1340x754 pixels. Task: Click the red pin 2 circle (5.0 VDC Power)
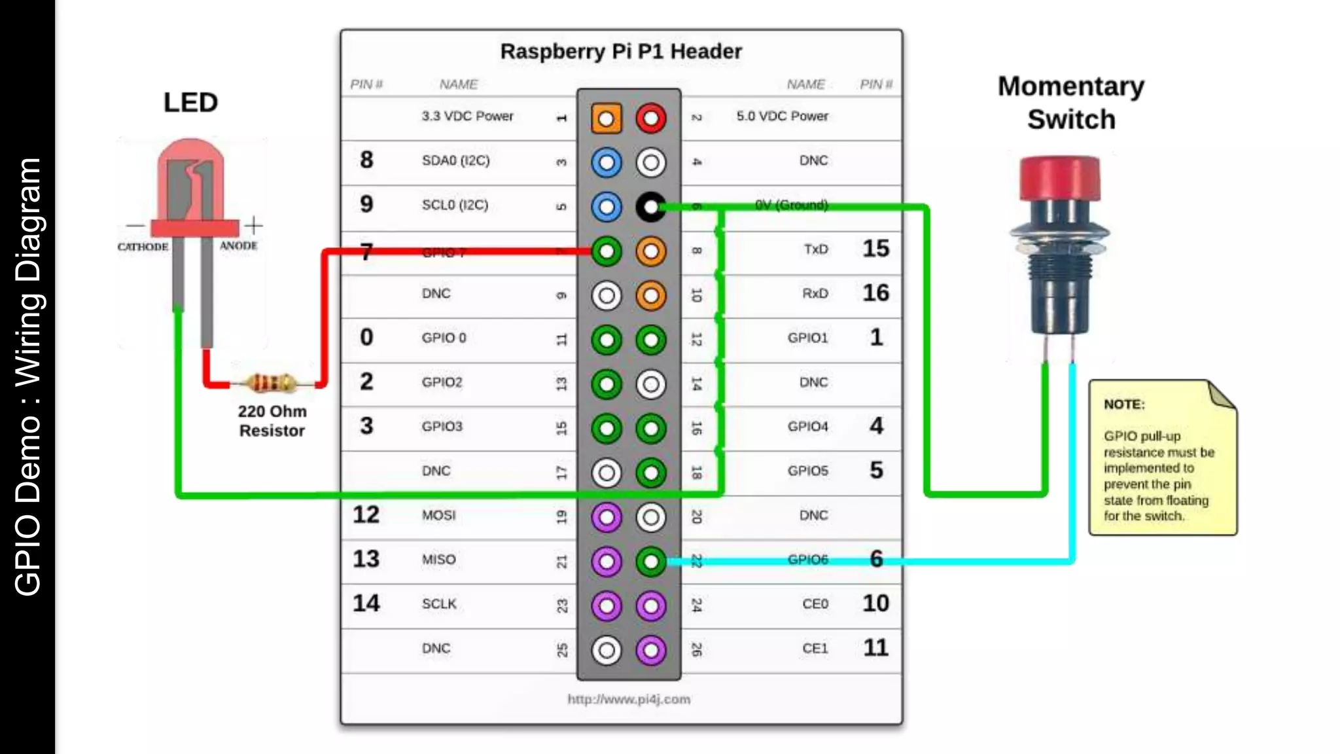650,118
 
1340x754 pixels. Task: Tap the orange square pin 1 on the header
606,118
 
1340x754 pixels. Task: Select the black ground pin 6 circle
650,207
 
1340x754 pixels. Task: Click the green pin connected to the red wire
606,251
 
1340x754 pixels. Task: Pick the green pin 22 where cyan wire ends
650,561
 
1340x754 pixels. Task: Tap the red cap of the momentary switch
1059,177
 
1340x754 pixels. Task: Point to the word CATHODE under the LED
143,247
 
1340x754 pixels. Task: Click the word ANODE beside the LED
238,245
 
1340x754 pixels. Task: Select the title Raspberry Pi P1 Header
620,51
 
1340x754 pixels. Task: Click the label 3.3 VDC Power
467,116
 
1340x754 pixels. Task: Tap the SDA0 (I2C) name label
455,160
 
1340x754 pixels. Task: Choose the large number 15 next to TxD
875,249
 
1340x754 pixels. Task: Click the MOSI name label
438,515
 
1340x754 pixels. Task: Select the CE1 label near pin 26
815,648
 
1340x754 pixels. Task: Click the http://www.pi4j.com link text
628,699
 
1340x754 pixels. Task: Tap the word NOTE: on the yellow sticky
1123,404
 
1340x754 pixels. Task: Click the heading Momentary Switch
1070,103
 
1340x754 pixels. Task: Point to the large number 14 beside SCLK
366,603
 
